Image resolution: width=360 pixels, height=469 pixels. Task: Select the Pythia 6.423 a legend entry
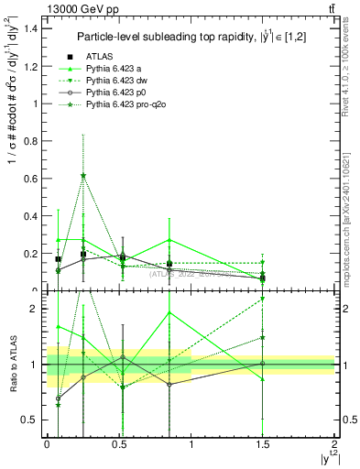(x=114, y=70)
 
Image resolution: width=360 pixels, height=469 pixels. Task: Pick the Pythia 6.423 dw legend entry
(x=116, y=82)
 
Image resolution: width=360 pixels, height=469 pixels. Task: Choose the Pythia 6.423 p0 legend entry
(x=115, y=93)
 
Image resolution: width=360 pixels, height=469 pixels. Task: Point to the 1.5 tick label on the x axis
(x=263, y=443)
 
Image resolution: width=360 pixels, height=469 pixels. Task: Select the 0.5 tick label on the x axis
(x=118, y=443)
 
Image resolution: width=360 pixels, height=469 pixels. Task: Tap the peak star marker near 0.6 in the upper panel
(x=83, y=175)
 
